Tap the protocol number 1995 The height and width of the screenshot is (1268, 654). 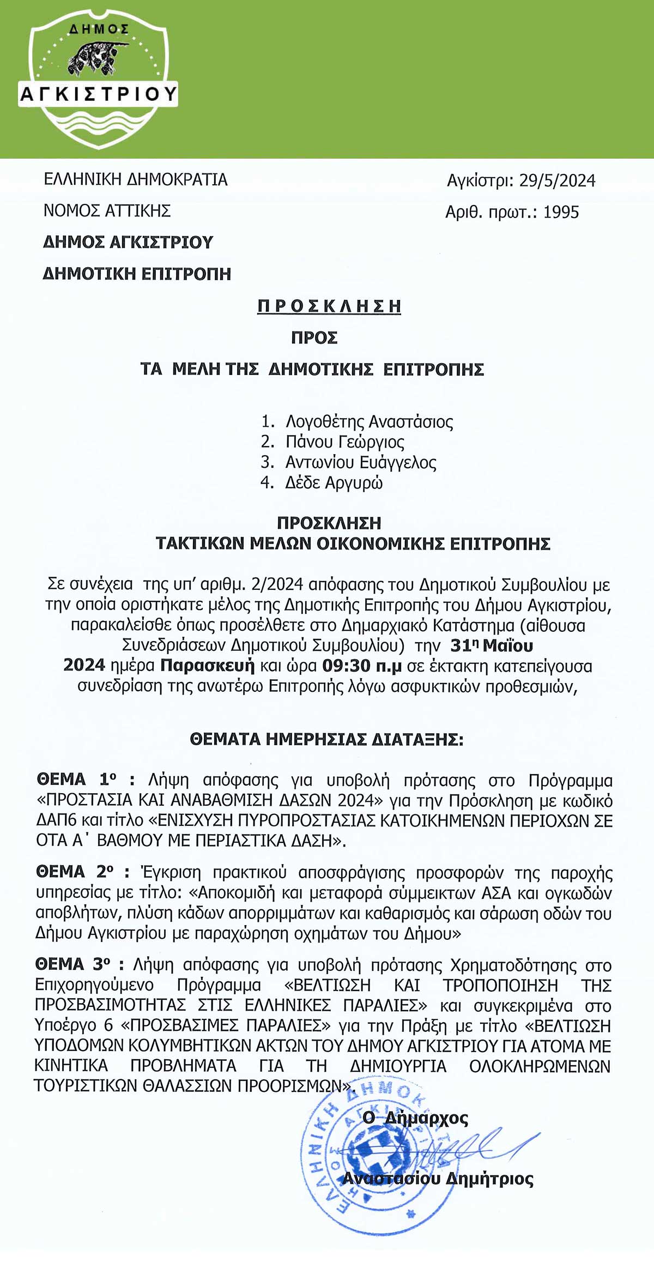(x=561, y=212)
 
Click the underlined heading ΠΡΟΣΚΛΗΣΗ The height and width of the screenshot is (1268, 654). (x=329, y=306)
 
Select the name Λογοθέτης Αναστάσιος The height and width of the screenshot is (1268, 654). (x=369, y=421)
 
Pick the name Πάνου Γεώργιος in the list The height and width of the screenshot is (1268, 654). (x=344, y=442)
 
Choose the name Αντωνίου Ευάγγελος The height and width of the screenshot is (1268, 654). (x=361, y=462)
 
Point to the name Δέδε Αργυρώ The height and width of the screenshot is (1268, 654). (x=334, y=482)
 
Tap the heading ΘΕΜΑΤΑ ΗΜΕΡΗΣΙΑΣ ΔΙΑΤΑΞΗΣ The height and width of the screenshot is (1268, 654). (x=326, y=739)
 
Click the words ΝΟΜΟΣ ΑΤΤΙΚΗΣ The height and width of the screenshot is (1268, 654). (x=107, y=210)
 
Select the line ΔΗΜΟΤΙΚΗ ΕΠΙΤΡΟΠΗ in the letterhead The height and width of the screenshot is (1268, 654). (x=137, y=273)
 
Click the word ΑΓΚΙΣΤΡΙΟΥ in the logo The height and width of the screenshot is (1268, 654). (x=99, y=94)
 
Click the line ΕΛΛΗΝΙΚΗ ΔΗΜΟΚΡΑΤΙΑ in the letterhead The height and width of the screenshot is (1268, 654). (x=136, y=179)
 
